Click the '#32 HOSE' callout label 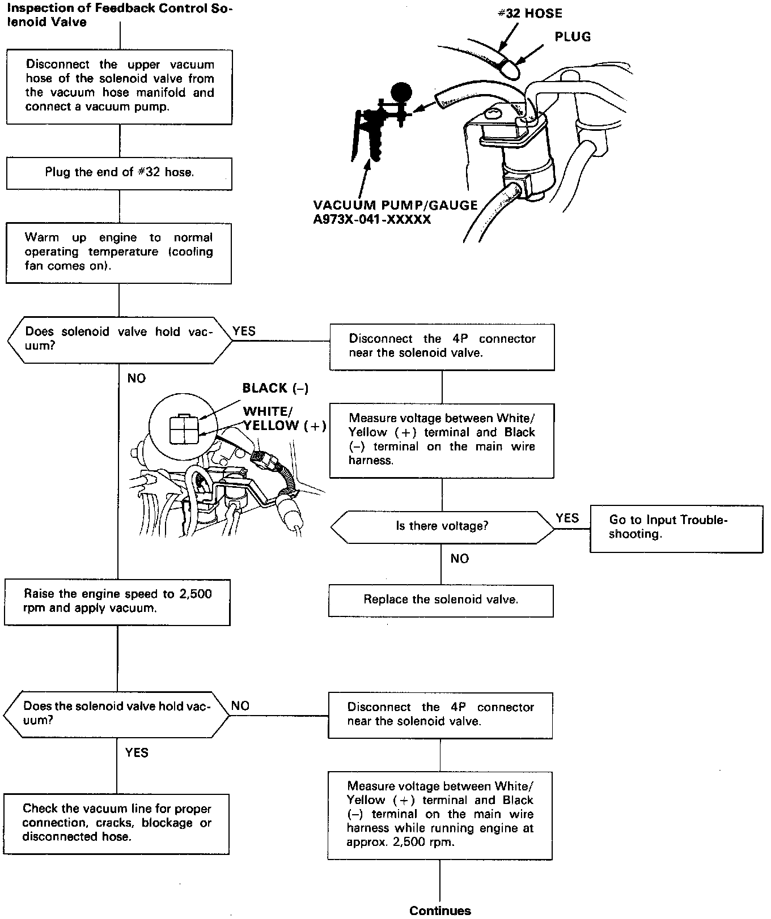coord(529,13)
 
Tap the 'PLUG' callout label coord(573,37)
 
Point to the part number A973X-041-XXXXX coord(372,219)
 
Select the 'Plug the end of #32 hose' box coord(119,173)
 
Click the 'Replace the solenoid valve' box coord(440,600)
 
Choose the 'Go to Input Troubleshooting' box coord(676,527)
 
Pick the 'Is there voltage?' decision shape coord(442,526)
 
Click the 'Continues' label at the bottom coord(440,911)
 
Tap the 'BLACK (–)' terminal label coord(276,388)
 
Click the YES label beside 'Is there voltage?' coord(567,518)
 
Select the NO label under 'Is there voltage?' coord(460,559)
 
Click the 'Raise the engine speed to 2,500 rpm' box coord(117,602)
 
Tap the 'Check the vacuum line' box coord(117,823)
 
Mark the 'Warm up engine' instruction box coord(119,252)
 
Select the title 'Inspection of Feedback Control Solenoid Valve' coord(119,16)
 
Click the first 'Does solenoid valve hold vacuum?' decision coord(119,339)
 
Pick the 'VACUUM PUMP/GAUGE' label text coord(395,205)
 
